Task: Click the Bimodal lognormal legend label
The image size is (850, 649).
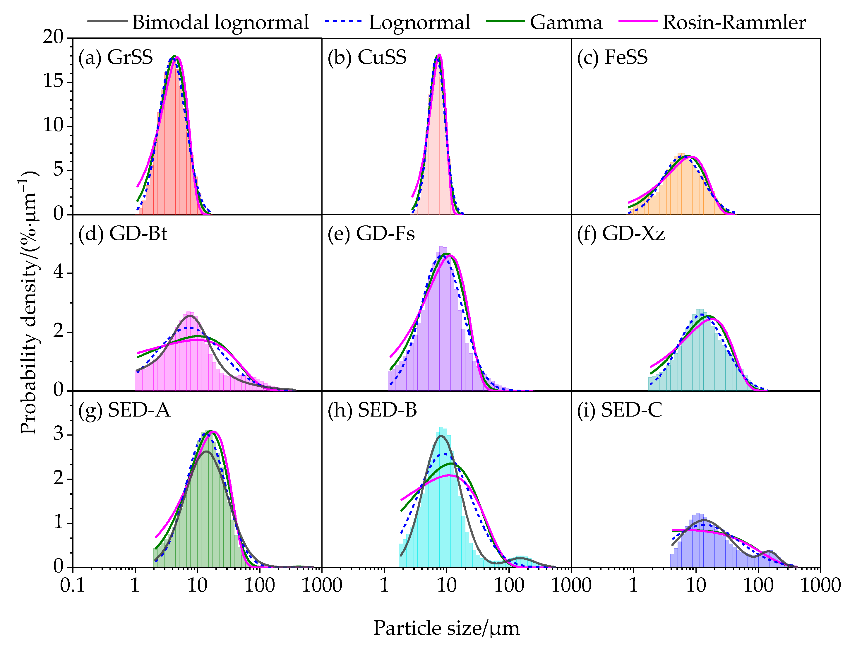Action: coord(220,23)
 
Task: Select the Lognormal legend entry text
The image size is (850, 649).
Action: coord(419,23)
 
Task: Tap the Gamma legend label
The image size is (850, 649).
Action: coord(566,23)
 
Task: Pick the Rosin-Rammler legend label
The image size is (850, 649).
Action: coord(734,23)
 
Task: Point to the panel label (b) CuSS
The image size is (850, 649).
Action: coord(367,57)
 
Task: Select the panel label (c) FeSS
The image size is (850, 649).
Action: coord(612,57)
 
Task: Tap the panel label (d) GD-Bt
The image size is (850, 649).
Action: coord(123,234)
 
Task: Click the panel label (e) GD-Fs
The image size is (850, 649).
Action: coord(371,234)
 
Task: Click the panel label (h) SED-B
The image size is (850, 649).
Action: coord(372,410)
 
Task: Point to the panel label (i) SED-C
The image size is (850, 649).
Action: coord(619,410)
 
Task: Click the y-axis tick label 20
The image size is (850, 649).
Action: coord(53,37)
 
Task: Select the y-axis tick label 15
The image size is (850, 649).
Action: coord(53,81)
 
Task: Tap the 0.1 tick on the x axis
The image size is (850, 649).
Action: coord(72,585)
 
